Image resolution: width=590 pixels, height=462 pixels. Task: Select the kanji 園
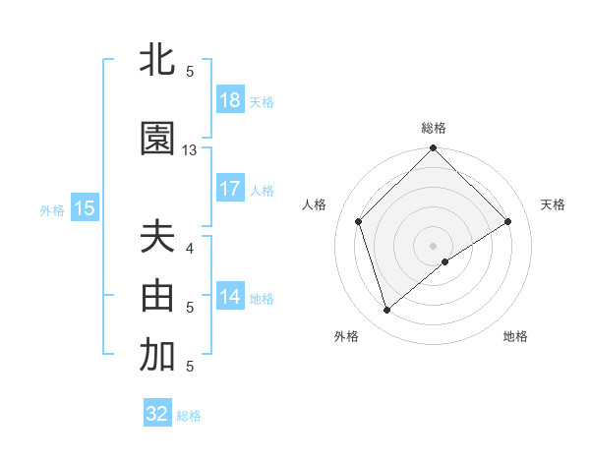point(157,140)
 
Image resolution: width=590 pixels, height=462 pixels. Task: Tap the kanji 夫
point(157,238)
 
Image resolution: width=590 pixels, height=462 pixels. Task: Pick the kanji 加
point(157,356)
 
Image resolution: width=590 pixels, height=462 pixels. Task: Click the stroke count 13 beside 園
point(190,150)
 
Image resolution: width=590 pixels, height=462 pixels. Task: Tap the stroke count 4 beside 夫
point(190,248)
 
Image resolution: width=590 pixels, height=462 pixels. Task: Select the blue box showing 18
point(230,101)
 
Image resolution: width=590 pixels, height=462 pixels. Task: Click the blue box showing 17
point(230,189)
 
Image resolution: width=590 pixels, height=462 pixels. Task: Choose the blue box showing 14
point(230,297)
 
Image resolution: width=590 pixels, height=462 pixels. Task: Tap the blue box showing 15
point(85,208)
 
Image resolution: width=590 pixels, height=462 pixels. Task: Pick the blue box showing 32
point(157,414)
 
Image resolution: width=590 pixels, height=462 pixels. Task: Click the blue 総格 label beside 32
point(189,416)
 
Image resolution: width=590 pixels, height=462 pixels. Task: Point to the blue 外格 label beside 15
point(52,209)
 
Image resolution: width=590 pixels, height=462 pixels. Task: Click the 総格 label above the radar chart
point(434,128)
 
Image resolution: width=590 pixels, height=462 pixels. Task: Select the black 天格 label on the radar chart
point(553,204)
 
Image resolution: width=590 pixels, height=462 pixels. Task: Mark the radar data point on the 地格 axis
point(446,261)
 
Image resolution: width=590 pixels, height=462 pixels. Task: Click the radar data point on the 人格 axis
point(359,221)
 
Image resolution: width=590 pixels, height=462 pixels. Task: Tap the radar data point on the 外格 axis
point(386,311)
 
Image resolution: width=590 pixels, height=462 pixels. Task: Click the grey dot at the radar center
point(434,245)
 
